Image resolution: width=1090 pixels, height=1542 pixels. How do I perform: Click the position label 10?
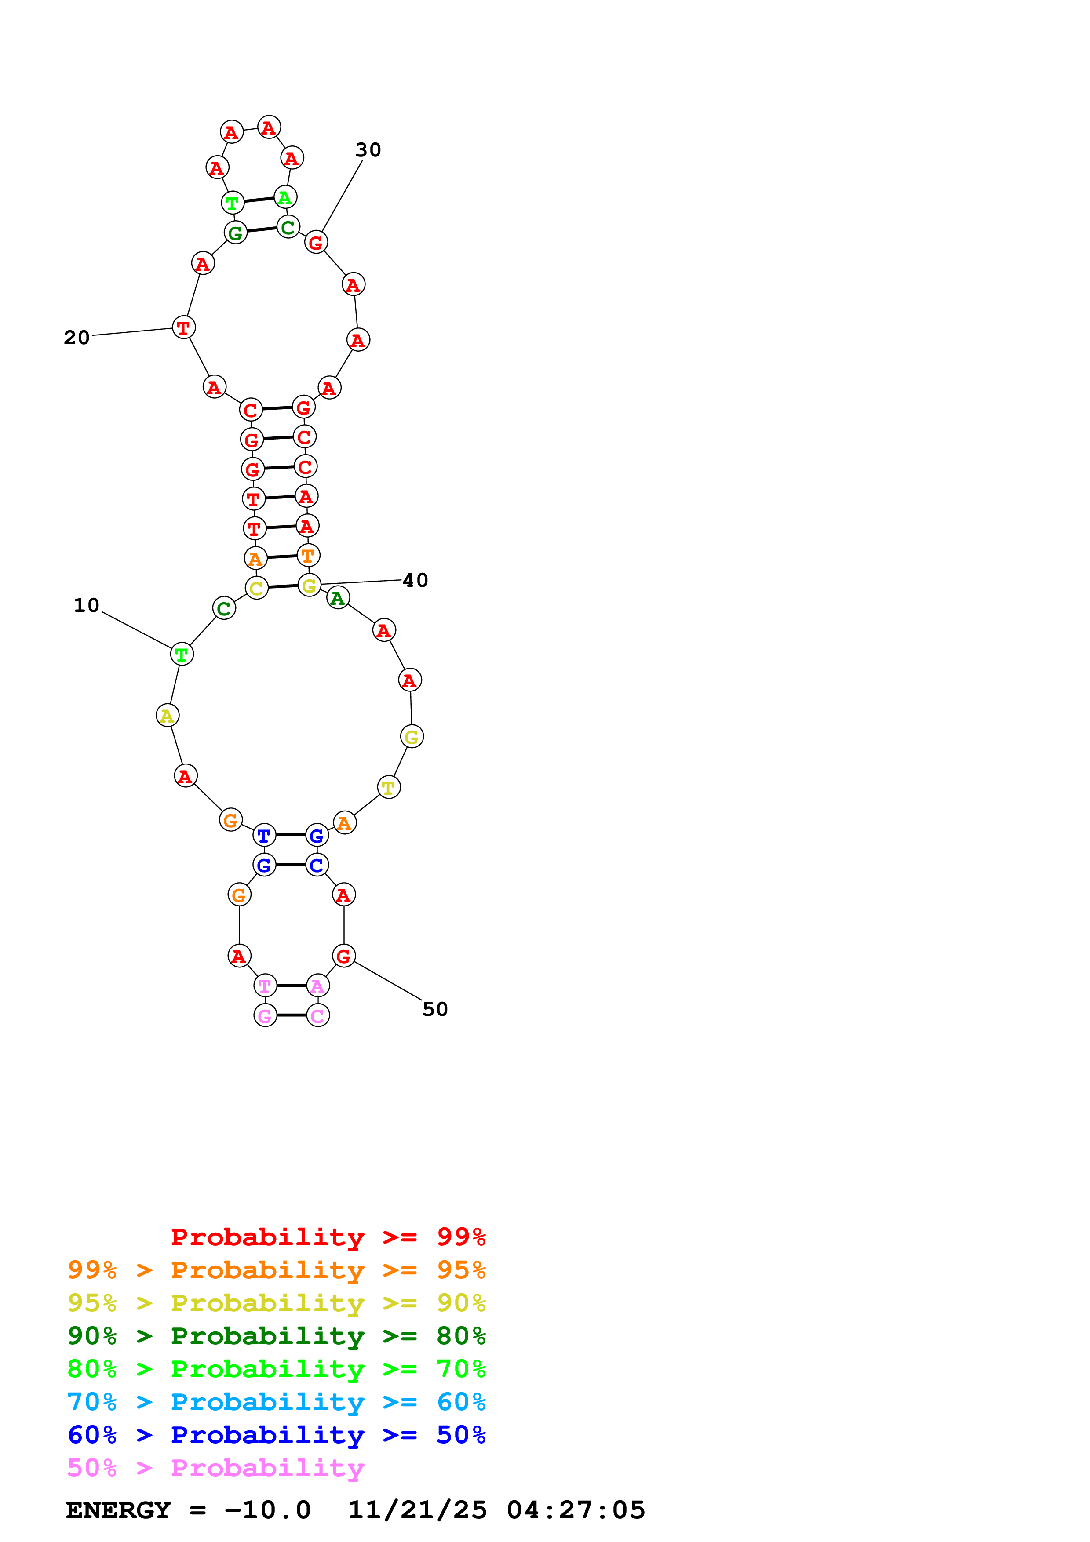(86, 605)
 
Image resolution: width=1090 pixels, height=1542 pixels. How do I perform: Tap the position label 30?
(368, 150)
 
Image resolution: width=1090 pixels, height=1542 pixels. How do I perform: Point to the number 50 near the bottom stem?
(435, 1009)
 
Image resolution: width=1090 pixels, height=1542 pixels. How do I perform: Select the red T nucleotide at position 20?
(183, 328)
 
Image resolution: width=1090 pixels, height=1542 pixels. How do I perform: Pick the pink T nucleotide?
(265, 986)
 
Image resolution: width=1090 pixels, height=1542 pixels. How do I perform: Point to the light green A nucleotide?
(285, 197)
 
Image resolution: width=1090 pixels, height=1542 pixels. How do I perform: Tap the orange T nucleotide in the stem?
(308, 556)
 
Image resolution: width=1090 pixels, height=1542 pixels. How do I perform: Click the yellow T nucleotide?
(389, 787)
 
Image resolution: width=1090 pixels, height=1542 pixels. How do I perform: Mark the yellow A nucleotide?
(167, 716)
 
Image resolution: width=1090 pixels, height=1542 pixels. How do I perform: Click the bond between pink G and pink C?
(292, 1015)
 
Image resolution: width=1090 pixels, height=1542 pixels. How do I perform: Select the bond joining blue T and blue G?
(291, 835)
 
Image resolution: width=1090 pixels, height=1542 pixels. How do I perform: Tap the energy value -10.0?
(267, 1510)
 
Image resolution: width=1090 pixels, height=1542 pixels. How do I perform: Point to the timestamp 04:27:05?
(576, 1510)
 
